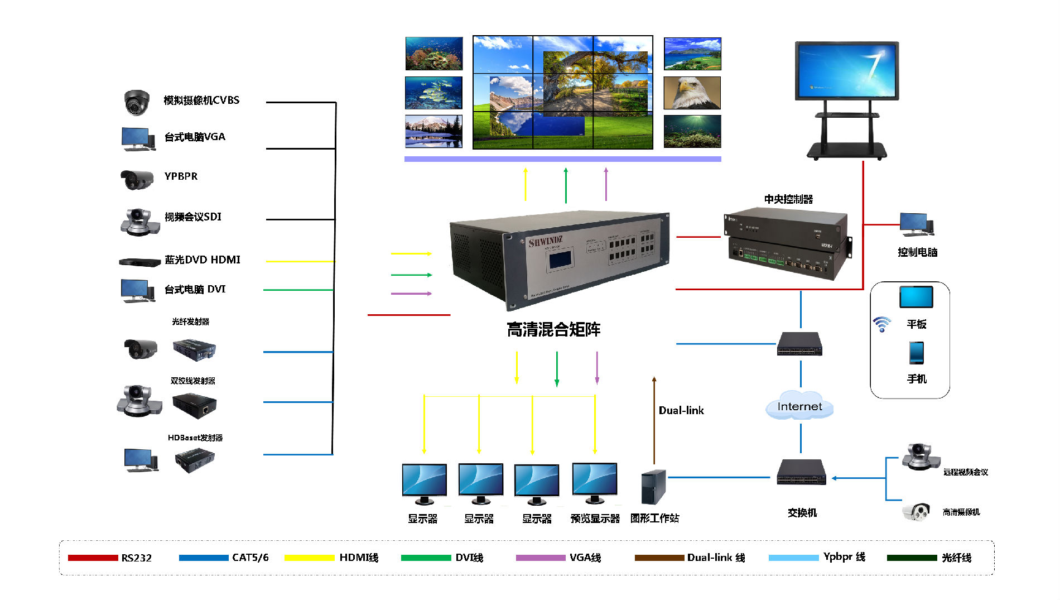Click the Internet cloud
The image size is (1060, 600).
(x=799, y=406)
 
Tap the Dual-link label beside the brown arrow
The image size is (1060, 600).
(x=681, y=410)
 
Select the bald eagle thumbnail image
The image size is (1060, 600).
(x=692, y=93)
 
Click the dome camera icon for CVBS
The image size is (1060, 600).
(x=136, y=102)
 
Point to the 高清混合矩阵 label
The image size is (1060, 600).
(x=553, y=330)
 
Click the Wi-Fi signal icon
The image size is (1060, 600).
(x=882, y=324)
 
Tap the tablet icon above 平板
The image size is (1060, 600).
(x=916, y=297)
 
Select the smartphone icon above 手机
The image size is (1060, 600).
(x=916, y=353)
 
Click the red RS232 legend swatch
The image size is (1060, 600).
(x=93, y=558)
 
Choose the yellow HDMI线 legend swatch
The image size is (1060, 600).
(x=309, y=558)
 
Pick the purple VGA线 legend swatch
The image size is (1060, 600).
(x=540, y=558)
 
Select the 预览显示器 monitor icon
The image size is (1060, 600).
(x=595, y=482)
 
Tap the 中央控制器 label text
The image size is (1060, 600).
(x=788, y=199)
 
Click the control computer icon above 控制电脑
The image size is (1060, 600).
(x=916, y=224)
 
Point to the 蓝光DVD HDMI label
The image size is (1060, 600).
(x=202, y=260)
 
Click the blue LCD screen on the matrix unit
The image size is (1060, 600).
(x=560, y=260)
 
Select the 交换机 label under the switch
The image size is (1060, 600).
(x=802, y=512)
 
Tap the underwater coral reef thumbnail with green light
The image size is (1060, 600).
(x=692, y=132)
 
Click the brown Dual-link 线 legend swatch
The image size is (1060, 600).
(x=659, y=558)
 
